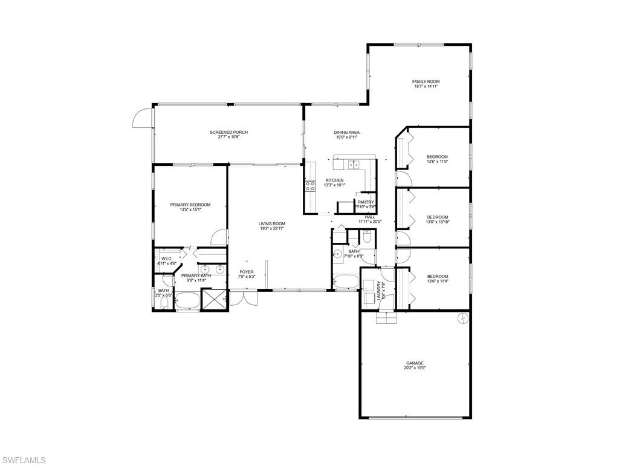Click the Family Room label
point(426,81)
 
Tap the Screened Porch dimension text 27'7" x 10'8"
point(228,137)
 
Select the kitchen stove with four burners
point(310,186)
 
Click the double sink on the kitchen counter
point(352,164)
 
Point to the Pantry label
point(366,202)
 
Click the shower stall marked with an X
point(214,300)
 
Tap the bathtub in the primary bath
point(187,301)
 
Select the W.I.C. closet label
point(167,259)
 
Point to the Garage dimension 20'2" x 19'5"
point(415,368)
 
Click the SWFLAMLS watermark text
point(24,460)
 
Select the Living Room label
point(272,223)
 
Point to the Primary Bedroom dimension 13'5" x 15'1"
point(190,209)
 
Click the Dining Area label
point(347,132)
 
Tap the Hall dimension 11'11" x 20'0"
point(370,222)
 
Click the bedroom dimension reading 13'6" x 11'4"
point(438,281)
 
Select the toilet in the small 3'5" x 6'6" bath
point(163,306)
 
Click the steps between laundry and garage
point(385,318)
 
